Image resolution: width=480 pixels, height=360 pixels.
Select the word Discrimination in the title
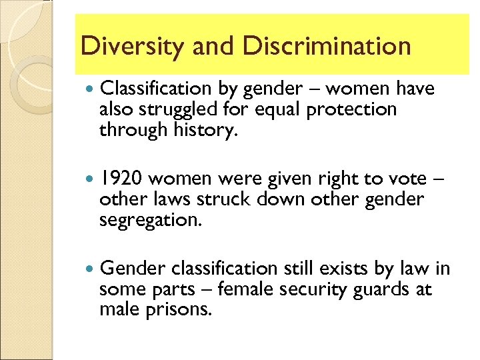[x=327, y=47]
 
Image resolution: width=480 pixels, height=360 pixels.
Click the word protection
[x=351, y=109]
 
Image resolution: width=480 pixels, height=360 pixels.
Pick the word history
[x=203, y=130]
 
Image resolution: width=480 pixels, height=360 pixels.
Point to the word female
[x=249, y=289]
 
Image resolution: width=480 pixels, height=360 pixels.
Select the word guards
[x=393, y=290]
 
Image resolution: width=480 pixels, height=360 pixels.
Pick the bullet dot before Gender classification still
[x=90, y=269]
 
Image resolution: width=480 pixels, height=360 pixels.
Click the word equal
[x=277, y=110]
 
